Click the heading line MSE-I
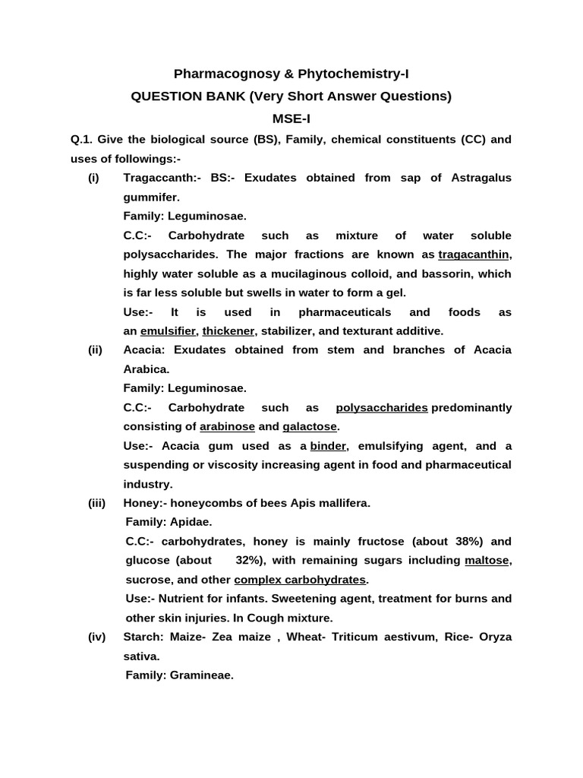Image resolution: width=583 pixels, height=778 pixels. coord(291,119)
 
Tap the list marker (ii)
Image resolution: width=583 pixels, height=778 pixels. coord(95,349)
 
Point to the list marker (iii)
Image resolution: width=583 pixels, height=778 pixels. coord(96,503)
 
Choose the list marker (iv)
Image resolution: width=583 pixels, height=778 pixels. coord(96,637)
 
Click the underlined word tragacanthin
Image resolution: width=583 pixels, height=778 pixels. coord(474,255)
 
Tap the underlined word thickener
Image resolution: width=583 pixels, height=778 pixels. coord(228,331)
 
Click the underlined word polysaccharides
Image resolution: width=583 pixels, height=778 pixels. coord(382,408)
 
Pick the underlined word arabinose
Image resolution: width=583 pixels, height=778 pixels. coord(227,427)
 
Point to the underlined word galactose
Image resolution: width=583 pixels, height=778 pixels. coord(310,427)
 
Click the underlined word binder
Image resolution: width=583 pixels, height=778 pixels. coord(328,446)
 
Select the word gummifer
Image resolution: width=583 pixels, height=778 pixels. coord(151,197)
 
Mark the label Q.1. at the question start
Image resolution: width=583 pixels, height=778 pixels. coord(80,140)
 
